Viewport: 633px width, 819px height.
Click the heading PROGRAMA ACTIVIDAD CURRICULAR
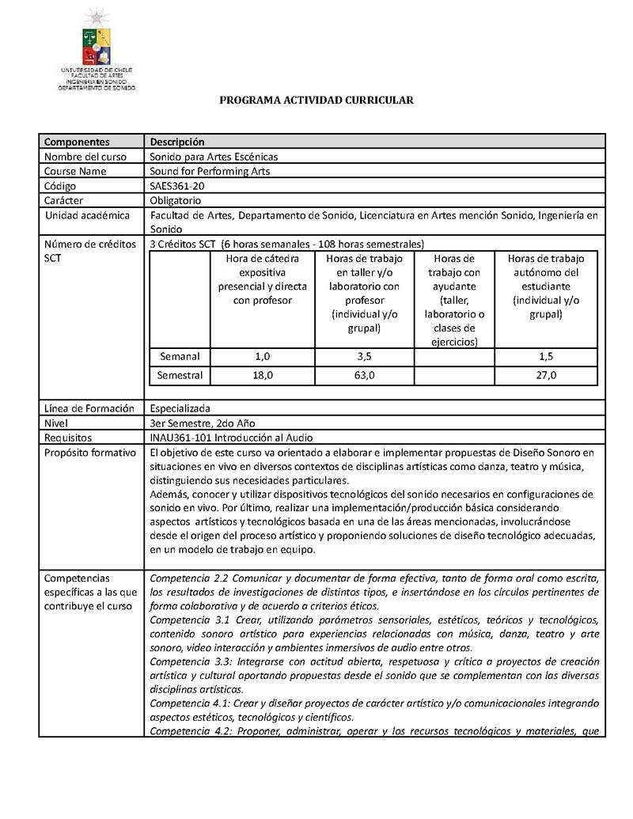click(316, 100)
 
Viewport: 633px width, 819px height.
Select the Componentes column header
click(77, 142)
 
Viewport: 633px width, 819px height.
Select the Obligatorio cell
click(176, 200)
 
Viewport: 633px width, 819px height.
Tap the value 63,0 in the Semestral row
click(365, 375)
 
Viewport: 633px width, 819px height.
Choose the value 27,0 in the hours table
click(546, 375)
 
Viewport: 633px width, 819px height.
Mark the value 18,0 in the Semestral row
click(263, 375)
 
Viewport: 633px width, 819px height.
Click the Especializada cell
click(180, 408)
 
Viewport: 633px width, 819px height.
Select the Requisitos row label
click(68, 438)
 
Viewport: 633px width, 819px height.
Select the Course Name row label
click(75, 171)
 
